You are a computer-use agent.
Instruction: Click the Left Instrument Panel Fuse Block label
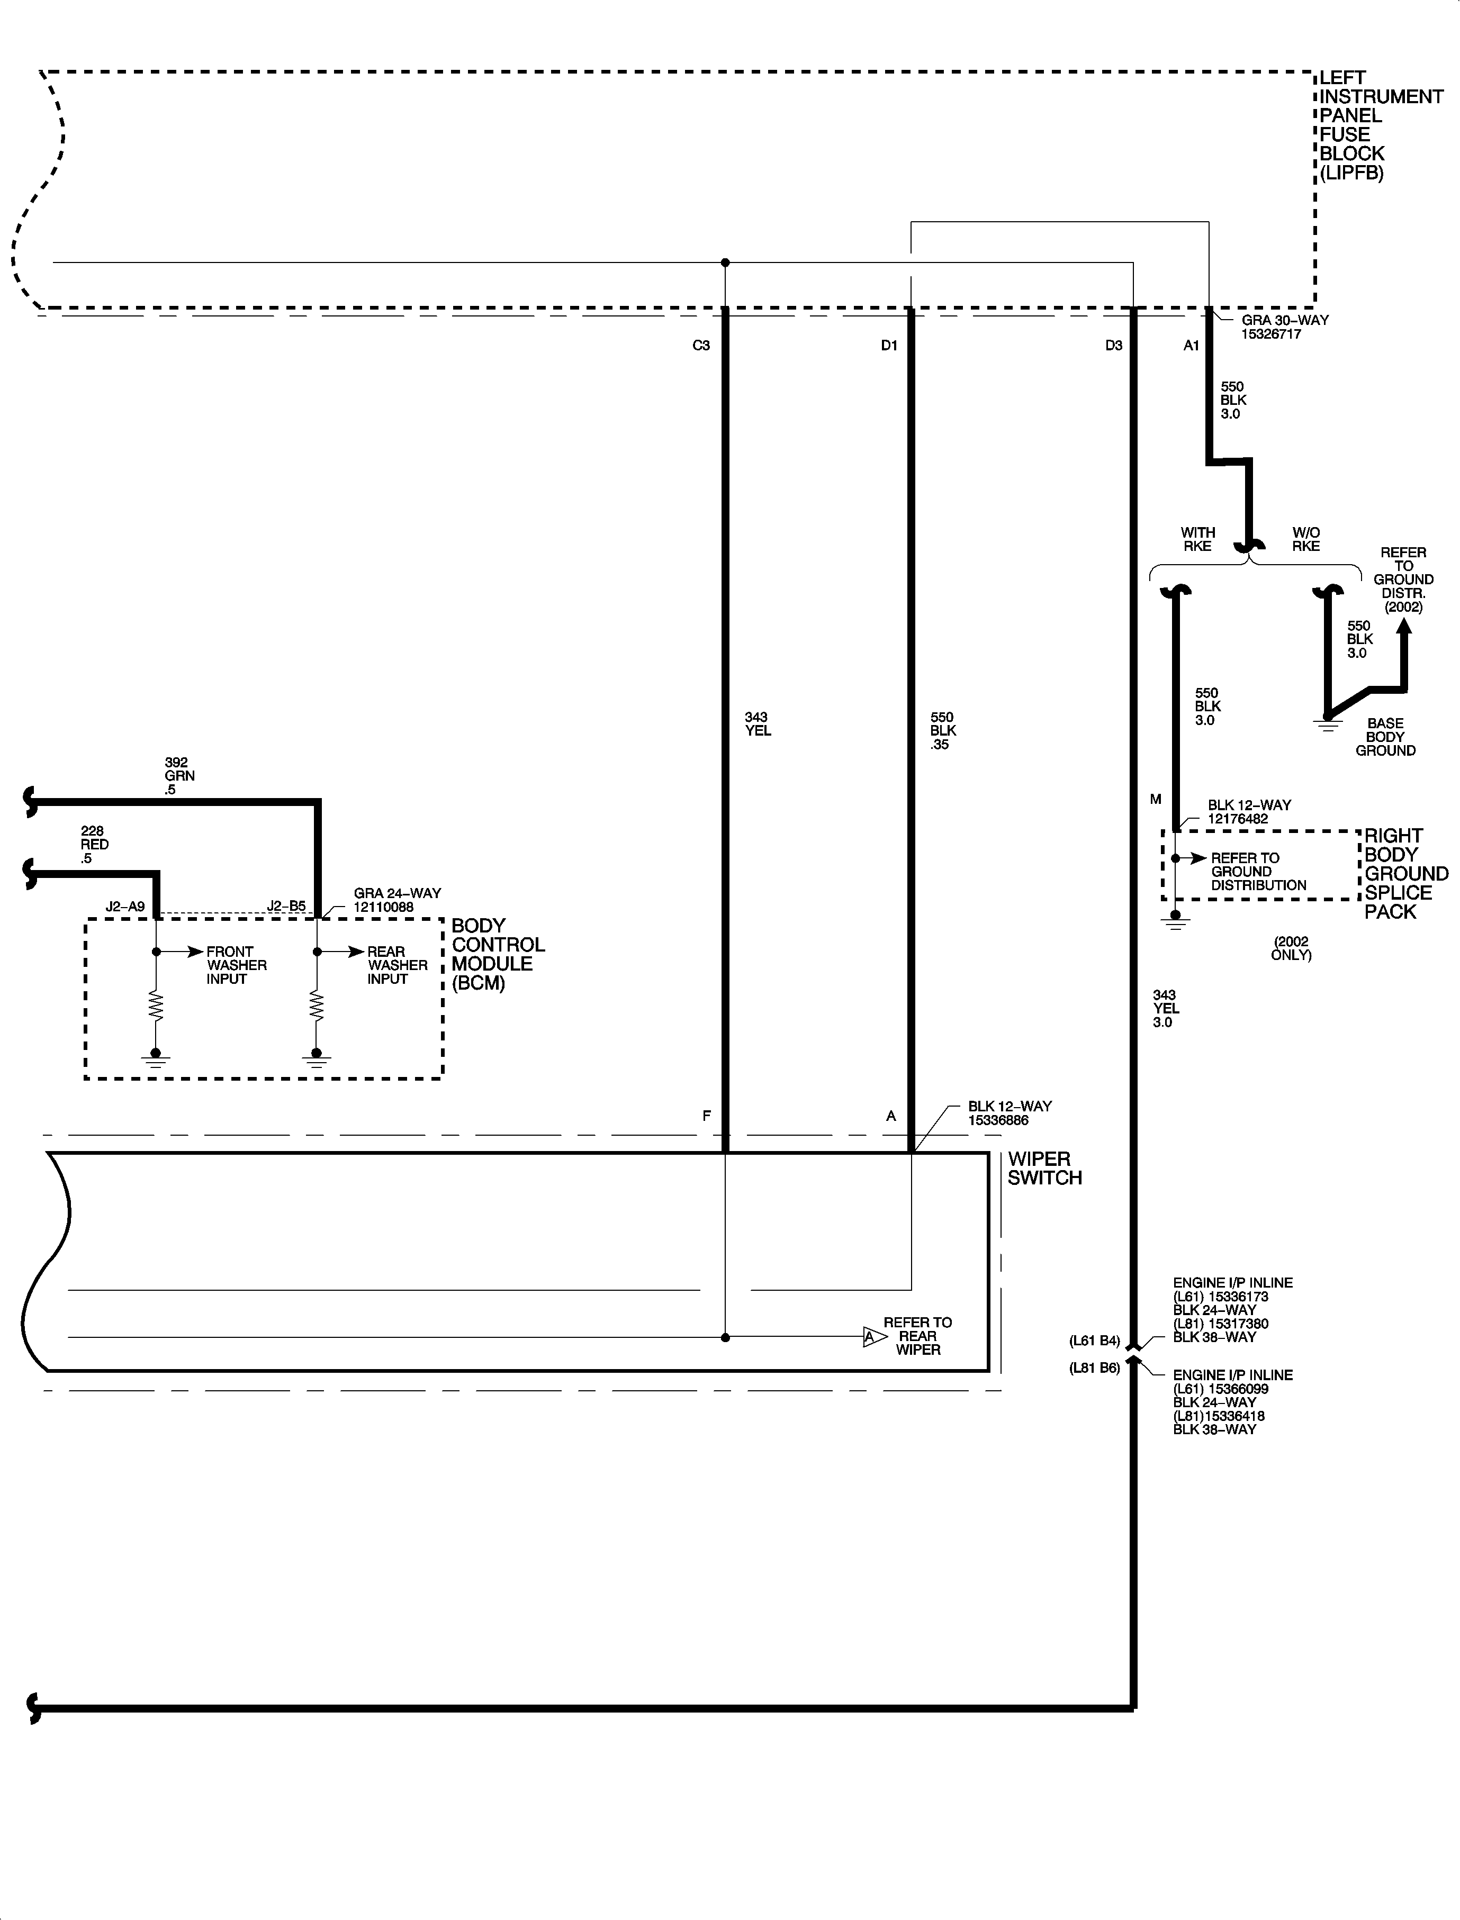[1380, 125]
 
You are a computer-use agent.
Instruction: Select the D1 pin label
[889, 346]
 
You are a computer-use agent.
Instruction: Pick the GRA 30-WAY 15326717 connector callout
[1284, 327]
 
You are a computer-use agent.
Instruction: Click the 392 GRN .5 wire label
[179, 776]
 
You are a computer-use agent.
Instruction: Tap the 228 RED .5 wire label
[94, 845]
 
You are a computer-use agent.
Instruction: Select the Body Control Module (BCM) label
[497, 954]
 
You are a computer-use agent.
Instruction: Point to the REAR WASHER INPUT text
[397, 965]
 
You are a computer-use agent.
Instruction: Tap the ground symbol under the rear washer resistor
[317, 1058]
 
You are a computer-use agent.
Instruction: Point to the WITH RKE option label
[1197, 539]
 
